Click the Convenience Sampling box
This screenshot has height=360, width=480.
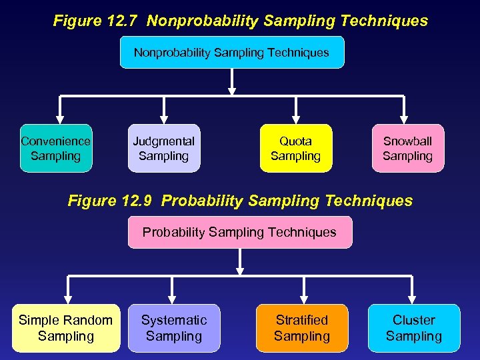tap(56, 148)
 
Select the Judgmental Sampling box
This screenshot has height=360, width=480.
tap(164, 148)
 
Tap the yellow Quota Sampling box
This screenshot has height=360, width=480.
tap(295, 148)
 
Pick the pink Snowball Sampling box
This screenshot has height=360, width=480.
tap(407, 148)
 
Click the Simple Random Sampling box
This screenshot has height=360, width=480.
tap(65, 328)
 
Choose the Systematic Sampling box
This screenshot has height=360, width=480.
tap(174, 328)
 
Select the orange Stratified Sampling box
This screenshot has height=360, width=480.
tap(302, 328)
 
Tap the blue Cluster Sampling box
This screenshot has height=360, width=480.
tap(414, 328)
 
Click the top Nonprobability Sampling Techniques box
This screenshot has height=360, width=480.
tap(231, 52)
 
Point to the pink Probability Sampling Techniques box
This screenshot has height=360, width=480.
tap(239, 232)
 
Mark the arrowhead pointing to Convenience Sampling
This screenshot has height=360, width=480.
tap(59, 119)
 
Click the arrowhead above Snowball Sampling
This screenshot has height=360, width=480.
tap(404, 119)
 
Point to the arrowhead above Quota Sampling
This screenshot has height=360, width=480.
tap(296, 119)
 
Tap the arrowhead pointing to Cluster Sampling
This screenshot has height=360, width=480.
tap(414, 299)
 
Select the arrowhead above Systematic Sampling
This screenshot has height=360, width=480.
tap(172, 299)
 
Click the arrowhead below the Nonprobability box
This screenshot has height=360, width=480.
tap(231, 91)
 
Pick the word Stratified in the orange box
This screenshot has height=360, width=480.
tap(302, 320)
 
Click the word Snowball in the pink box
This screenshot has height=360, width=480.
tap(407, 141)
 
